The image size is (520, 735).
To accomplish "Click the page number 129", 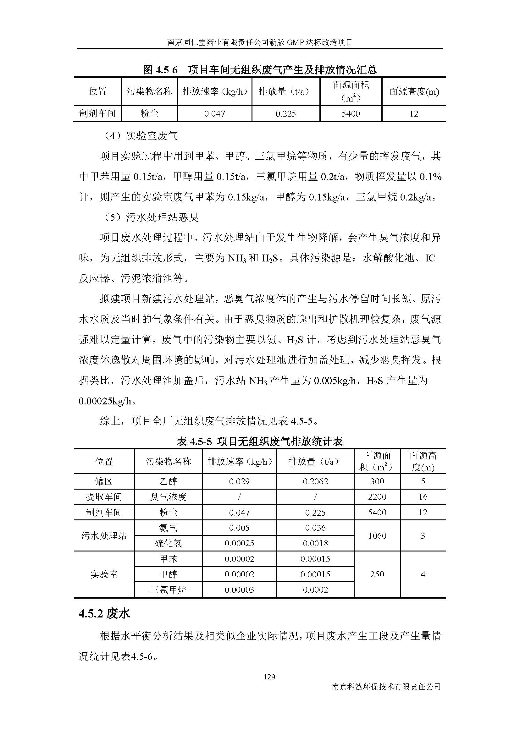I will pos(268,677).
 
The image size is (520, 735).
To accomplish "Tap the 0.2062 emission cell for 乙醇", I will pos(315,481).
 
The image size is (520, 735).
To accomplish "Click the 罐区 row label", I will pos(104,481).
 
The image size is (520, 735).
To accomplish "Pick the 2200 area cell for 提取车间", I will pos(377,497).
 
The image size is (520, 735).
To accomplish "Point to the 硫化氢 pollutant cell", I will pos(168,543).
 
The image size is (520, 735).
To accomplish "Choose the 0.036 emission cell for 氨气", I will pos(315,528).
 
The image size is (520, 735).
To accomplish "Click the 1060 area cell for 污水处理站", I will pos(377,535).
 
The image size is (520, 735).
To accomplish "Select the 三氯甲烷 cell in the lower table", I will pos(168,590).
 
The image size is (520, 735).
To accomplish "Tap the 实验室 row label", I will pos(104,574).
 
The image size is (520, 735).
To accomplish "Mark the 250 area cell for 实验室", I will pos(377,574).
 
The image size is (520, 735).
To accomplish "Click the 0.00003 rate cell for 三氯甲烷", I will pos(239,590).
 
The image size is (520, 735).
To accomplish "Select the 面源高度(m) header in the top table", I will pos(414,92).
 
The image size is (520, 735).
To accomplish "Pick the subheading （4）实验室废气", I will pos(141,136).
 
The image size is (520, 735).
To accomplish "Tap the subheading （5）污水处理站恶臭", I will pos(151,217).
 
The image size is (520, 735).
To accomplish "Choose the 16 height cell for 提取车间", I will pos(423,497).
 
